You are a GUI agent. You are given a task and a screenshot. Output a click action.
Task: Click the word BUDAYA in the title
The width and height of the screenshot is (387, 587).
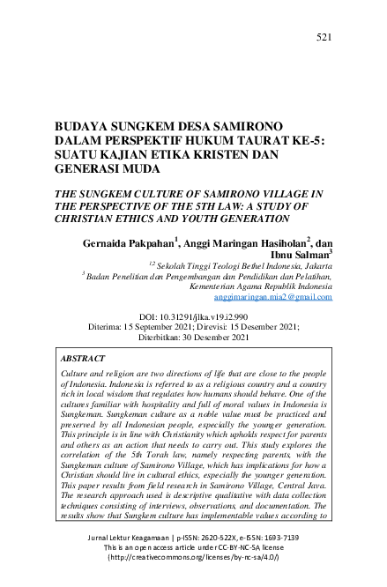84,127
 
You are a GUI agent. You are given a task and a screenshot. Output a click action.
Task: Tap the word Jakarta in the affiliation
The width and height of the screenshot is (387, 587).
314,264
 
